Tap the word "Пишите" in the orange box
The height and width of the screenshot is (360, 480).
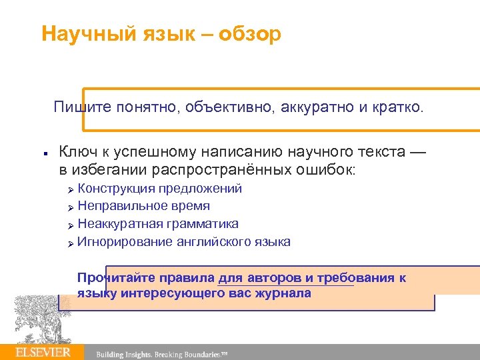(79, 107)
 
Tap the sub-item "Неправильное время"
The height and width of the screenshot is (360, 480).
(143, 206)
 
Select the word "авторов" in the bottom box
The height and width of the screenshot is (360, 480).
(271, 278)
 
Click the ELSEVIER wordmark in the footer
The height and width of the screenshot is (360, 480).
(43, 352)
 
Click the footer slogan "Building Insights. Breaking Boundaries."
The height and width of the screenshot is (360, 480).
(162, 354)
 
